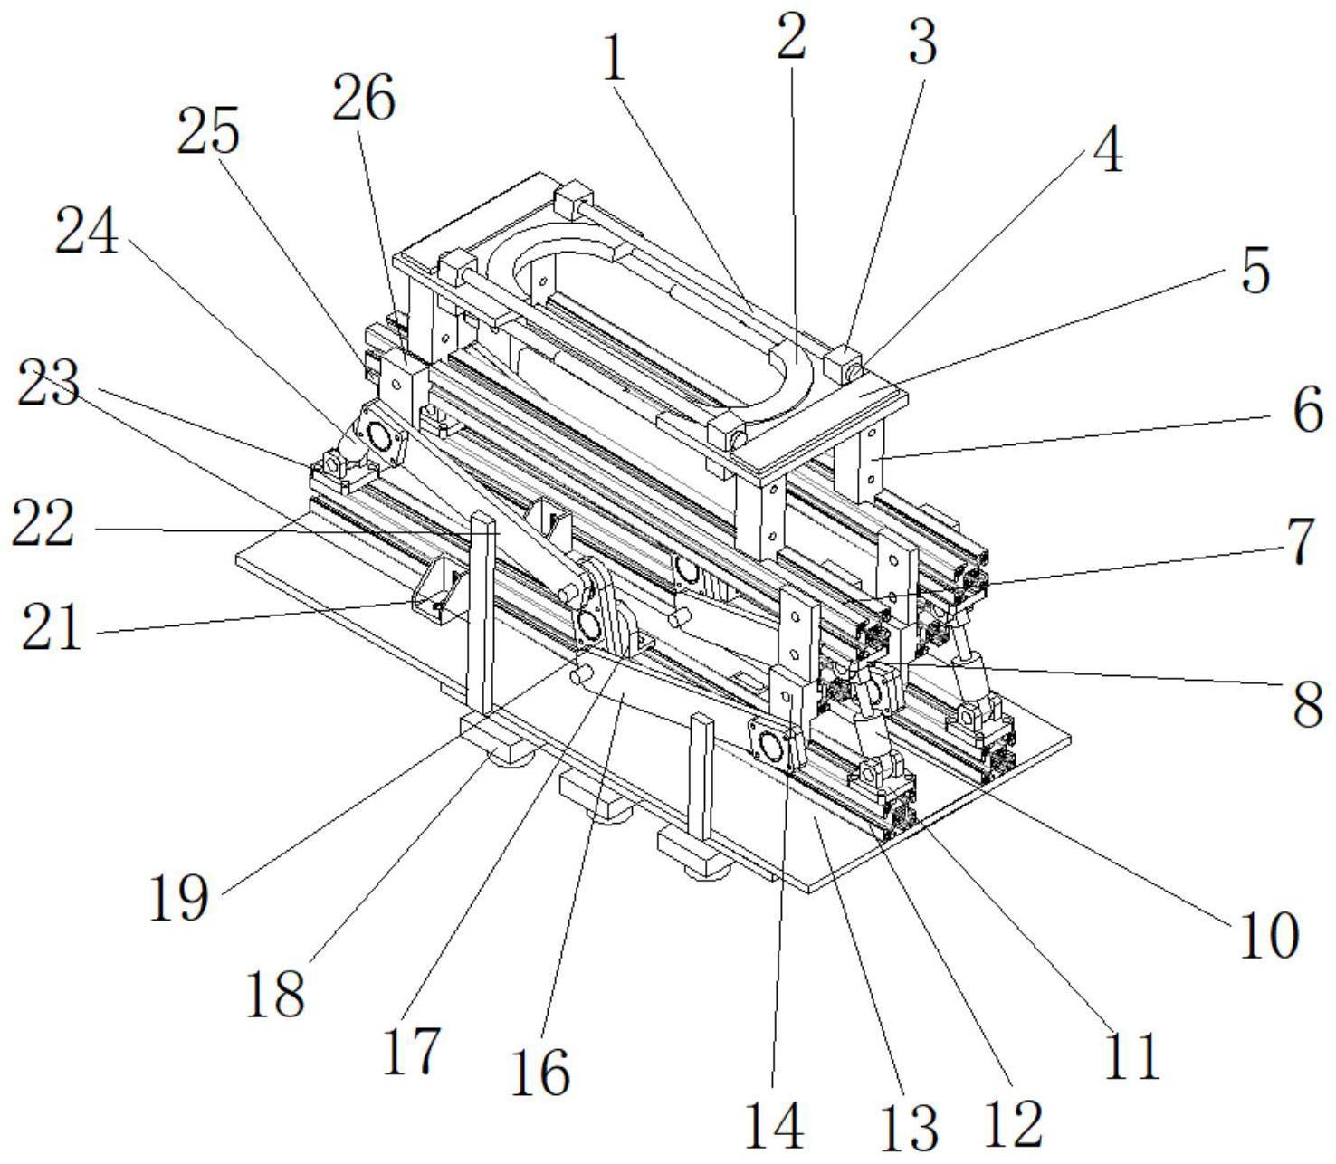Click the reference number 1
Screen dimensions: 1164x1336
pyautogui.click(x=616, y=61)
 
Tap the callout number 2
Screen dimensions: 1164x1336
pyautogui.click(x=791, y=37)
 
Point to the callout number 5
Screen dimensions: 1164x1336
pyautogui.click(x=1106, y=148)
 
